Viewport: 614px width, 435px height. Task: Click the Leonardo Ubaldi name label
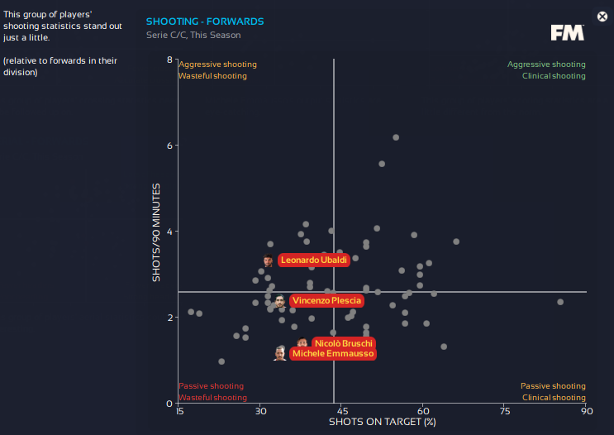[313, 261]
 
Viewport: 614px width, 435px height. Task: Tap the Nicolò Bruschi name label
[344, 343]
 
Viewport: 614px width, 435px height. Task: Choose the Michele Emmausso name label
[332, 354]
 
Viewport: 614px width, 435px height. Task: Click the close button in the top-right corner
[602, 17]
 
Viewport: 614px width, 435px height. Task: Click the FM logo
[568, 32]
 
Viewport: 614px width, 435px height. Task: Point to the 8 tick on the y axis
[169, 60]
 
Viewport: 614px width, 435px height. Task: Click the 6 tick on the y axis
[169, 146]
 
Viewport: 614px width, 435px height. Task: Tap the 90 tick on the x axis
[586, 410]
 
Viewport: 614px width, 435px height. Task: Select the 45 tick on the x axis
[341, 410]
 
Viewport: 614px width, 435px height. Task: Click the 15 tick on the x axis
[179, 410]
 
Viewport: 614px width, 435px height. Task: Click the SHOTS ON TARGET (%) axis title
[382, 422]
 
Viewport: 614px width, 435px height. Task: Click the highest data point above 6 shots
[396, 137]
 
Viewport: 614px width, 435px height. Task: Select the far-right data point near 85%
[560, 302]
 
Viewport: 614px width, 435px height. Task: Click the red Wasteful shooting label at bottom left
[212, 398]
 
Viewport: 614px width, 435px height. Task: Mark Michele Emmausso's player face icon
[280, 354]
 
